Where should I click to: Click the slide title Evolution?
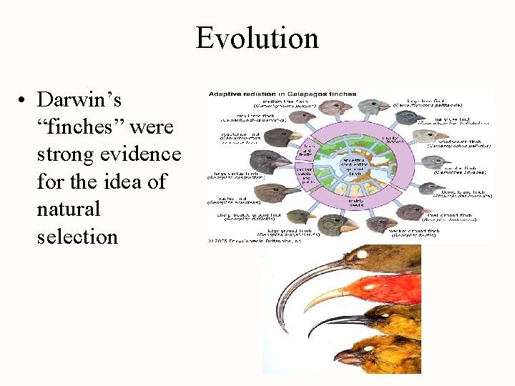[x=257, y=37]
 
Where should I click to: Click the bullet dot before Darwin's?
[x=24, y=99]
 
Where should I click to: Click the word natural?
[x=69, y=209]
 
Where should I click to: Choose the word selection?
[x=77, y=237]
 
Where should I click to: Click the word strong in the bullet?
[x=68, y=154]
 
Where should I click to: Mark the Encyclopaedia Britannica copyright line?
[x=254, y=241]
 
